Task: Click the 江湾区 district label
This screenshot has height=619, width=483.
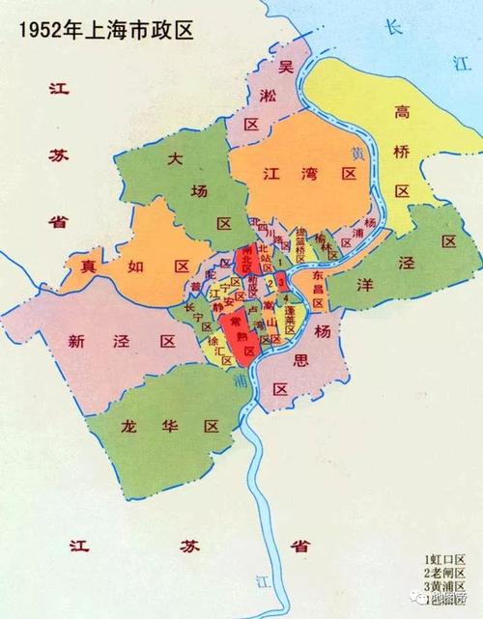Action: tap(309, 174)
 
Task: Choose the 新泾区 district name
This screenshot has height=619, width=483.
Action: tap(120, 340)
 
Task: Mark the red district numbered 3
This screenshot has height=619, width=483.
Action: tap(281, 282)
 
